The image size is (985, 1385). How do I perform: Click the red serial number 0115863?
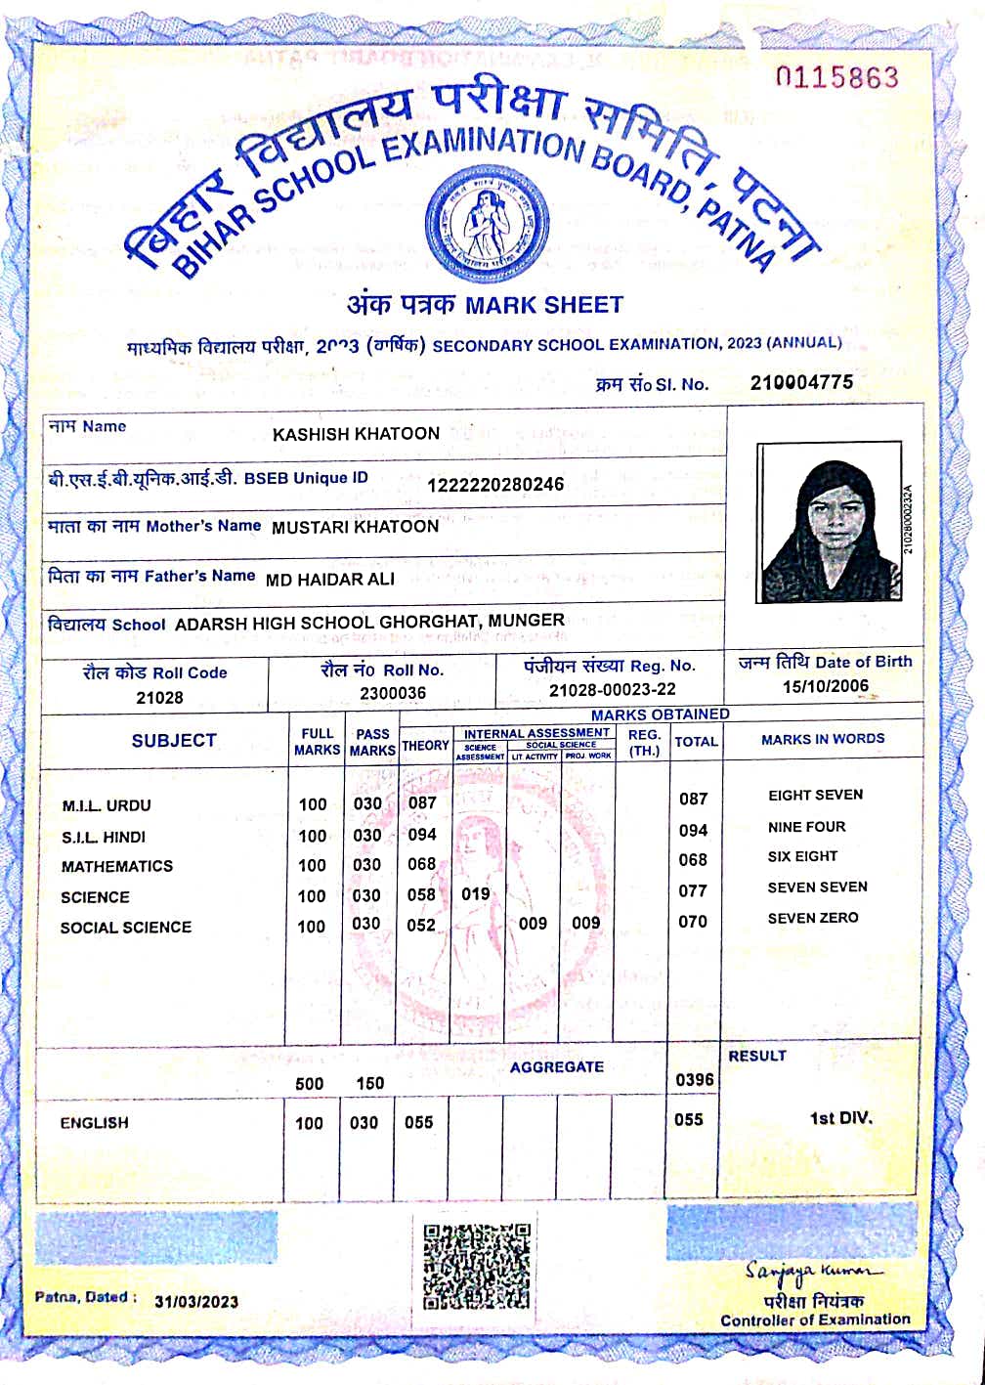pos(836,77)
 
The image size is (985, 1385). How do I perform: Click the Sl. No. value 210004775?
pos(801,382)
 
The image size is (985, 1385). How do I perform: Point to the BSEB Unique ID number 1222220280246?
pos(495,484)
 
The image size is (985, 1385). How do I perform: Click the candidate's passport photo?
pos(831,523)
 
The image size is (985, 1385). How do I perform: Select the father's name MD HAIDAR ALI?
pos(330,580)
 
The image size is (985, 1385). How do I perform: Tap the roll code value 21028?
pos(159,698)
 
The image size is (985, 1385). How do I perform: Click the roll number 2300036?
pos(392,693)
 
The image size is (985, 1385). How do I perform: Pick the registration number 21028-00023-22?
pos(612,689)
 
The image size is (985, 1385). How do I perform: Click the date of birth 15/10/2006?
pos(825,686)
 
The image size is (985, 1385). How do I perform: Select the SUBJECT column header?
pos(174,740)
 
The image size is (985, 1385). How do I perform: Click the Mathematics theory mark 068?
pos(421,864)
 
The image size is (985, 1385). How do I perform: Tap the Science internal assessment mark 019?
pos(476,893)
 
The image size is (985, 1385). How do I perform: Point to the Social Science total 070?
pos(693,921)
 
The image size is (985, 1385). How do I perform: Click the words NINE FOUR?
pos(806,827)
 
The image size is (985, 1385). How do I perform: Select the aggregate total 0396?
pos(694,1079)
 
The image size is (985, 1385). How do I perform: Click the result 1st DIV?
pos(840,1118)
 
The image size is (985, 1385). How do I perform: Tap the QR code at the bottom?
pos(477,1266)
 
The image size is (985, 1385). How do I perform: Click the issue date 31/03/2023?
pos(195,1301)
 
